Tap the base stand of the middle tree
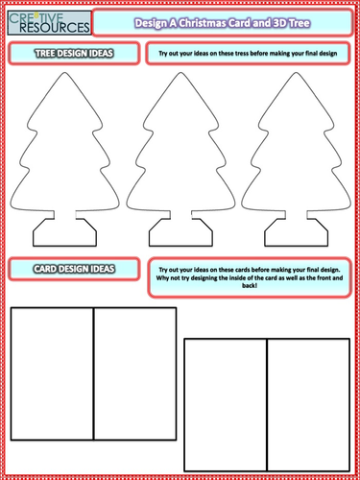(179, 231)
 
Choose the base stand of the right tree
(291, 231)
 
